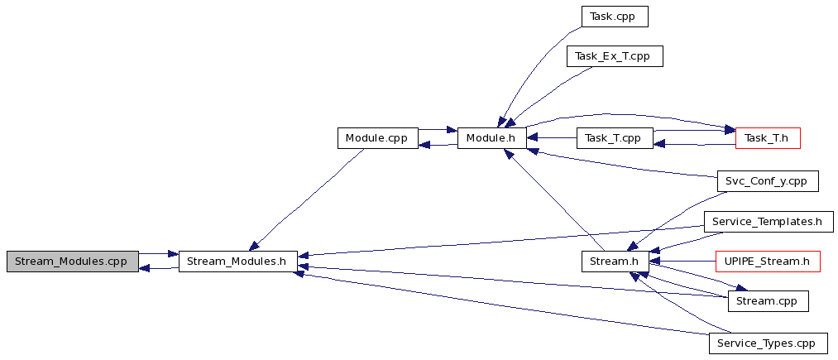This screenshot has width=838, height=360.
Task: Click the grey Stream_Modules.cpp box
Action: (x=73, y=262)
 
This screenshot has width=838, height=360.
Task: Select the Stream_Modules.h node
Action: (x=237, y=262)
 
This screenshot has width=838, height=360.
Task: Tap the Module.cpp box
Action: (x=377, y=138)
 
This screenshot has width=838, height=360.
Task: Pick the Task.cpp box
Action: (x=615, y=17)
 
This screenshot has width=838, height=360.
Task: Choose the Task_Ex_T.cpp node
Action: (x=615, y=56)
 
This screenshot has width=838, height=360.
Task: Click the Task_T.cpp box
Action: (x=615, y=138)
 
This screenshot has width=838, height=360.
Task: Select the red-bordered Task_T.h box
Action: (x=768, y=138)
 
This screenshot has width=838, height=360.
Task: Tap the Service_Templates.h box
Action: (x=769, y=222)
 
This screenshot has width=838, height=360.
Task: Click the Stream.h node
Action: (x=615, y=262)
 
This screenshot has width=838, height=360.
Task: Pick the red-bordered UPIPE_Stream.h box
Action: (x=768, y=262)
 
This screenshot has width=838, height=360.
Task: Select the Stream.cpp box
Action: (x=768, y=301)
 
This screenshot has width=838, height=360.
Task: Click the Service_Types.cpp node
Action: (x=768, y=343)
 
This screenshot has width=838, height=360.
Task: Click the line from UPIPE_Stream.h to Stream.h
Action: (x=682, y=262)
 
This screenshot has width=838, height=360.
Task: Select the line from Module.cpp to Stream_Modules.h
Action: (x=306, y=199)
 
